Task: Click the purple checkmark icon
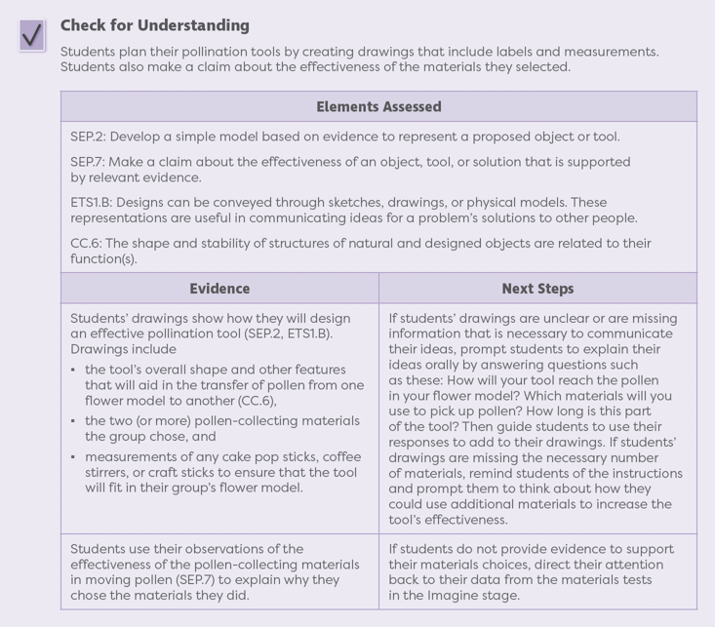pyautogui.click(x=32, y=35)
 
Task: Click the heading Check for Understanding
pyautogui.click(x=154, y=25)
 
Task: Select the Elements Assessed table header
pyautogui.click(x=378, y=106)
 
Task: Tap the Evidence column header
pyautogui.click(x=219, y=288)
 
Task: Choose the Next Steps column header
pyautogui.click(x=537, y=288)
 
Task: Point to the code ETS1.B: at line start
pyautogui.click(x=95, y=203)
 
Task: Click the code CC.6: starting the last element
pyautogui.click(x=88, y=243)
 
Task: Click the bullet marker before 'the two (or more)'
pyautogui.click(x=74, y=421)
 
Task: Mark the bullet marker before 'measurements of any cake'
pyautogui.click(x=74, y=456)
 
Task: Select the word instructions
pyautogui.click(x=639, y=474)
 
